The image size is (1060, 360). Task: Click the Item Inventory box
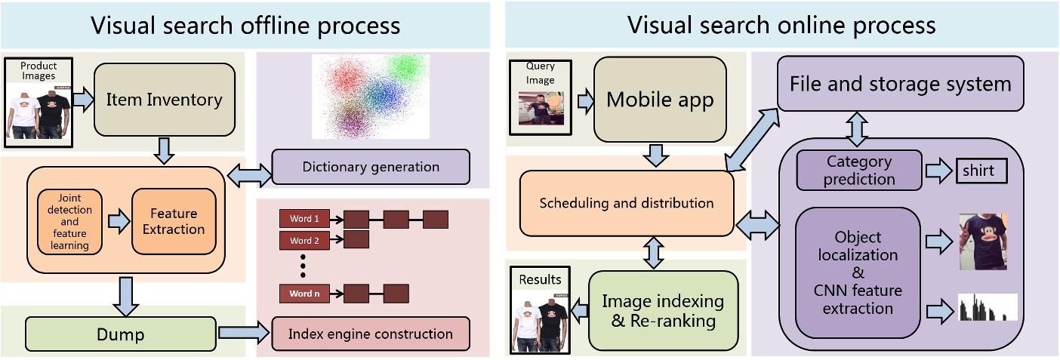(x=164, y=99)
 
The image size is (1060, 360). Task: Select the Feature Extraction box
(x=174, y=220)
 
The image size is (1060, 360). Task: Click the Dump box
(x=121, y=333)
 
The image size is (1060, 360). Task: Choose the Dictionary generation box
(x=370, y=167)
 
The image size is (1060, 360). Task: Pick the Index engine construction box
(x=371, y=334)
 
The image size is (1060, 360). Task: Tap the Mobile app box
(x=661, y=100)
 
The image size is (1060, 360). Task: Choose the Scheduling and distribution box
(x=627, y=203)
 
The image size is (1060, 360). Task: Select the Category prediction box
(x=859, y=170)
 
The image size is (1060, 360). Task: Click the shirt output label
(x=982, y=171)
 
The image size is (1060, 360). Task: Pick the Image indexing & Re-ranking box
(x=662, y=310)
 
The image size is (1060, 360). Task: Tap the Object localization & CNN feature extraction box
(x=858, y=272)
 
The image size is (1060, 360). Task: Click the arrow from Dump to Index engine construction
(x=243, y=333)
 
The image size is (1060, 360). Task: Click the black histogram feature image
(x=988, y=307)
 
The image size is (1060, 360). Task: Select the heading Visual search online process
(x=781, y=25)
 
